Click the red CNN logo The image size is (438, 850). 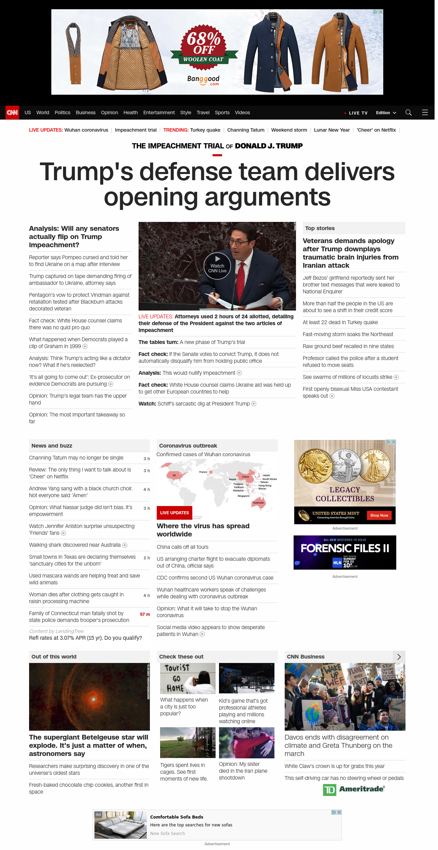click(x=12, y=112)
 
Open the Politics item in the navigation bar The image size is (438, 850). click(x=62, y=112)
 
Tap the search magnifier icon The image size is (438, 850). click(x=408, y=112)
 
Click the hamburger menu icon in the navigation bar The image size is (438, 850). click(x=425, y=112)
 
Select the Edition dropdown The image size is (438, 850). click(x=386, y=113)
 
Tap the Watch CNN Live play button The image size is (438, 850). click(x=217, y=266)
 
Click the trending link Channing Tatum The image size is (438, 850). click(x=246, y=130)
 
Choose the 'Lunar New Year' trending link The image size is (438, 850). click(x=332, y=130)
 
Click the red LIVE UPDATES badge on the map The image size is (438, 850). click(x=175, y=513)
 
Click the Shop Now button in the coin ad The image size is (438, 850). click(x=379, y=515)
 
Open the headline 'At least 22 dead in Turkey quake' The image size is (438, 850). click(x=340, y=322)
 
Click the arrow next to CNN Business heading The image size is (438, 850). click(x=399, y=657)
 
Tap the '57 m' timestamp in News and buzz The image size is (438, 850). click(x=145, y=614)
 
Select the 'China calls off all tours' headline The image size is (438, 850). click(x=182, y=547)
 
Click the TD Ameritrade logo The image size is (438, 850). click(x=354, y=789)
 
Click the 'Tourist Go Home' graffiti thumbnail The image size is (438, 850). click(x=188, y=678)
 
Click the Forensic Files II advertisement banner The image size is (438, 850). click(x=345, y=553)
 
